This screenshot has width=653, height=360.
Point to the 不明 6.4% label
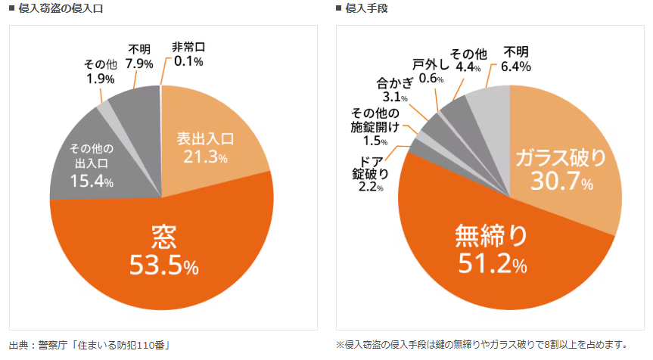(x=515, y=58)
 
